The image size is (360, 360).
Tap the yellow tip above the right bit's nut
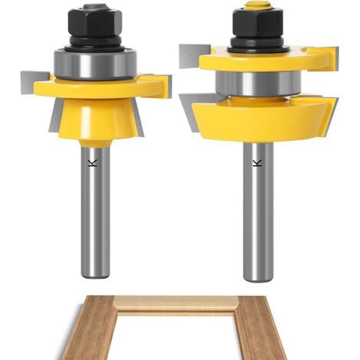[257, 5]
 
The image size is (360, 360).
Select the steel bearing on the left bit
[95, 64]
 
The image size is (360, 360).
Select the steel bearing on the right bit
[258, 83]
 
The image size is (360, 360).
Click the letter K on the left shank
[93, 163]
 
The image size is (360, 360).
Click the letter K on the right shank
[257, 163]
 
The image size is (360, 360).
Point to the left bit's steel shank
[95, 212]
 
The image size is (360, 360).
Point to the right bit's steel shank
[258, 212]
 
